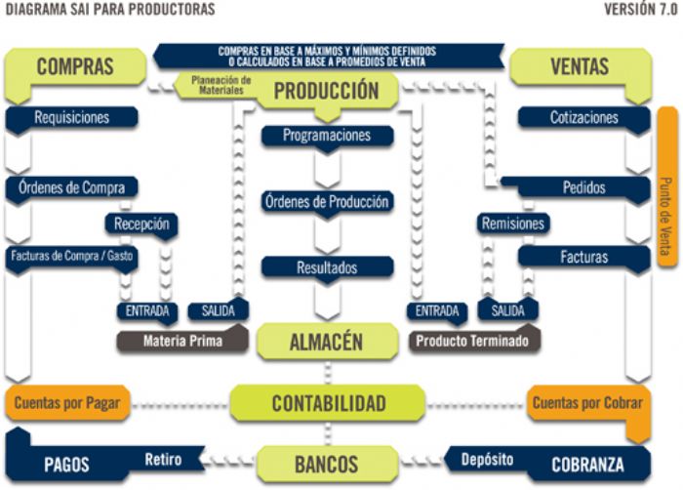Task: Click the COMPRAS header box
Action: [x=75, y=66]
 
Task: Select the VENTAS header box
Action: [x=580, y=66]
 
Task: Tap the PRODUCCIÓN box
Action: [x=326, y=91]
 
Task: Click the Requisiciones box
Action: [x=71, y=117]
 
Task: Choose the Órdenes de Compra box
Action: [x=71, y=187]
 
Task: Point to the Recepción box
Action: [x=141, y=224]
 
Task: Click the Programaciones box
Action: [x=327, y=136]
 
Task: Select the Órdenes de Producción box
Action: [x=327, y=202]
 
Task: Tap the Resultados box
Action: [x=327, y=266]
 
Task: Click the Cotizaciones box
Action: [x=583, y=117]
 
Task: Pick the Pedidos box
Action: [x=583, y=187]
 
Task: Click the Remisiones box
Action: [x=512, y=224]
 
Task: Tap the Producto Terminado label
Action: [x=472, y=342]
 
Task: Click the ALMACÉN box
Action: [x=326, y=342]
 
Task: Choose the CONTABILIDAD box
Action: [x=328, y=403]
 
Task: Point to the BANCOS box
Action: [x=326, y=464]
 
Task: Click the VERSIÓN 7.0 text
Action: [x=639, y=9]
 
